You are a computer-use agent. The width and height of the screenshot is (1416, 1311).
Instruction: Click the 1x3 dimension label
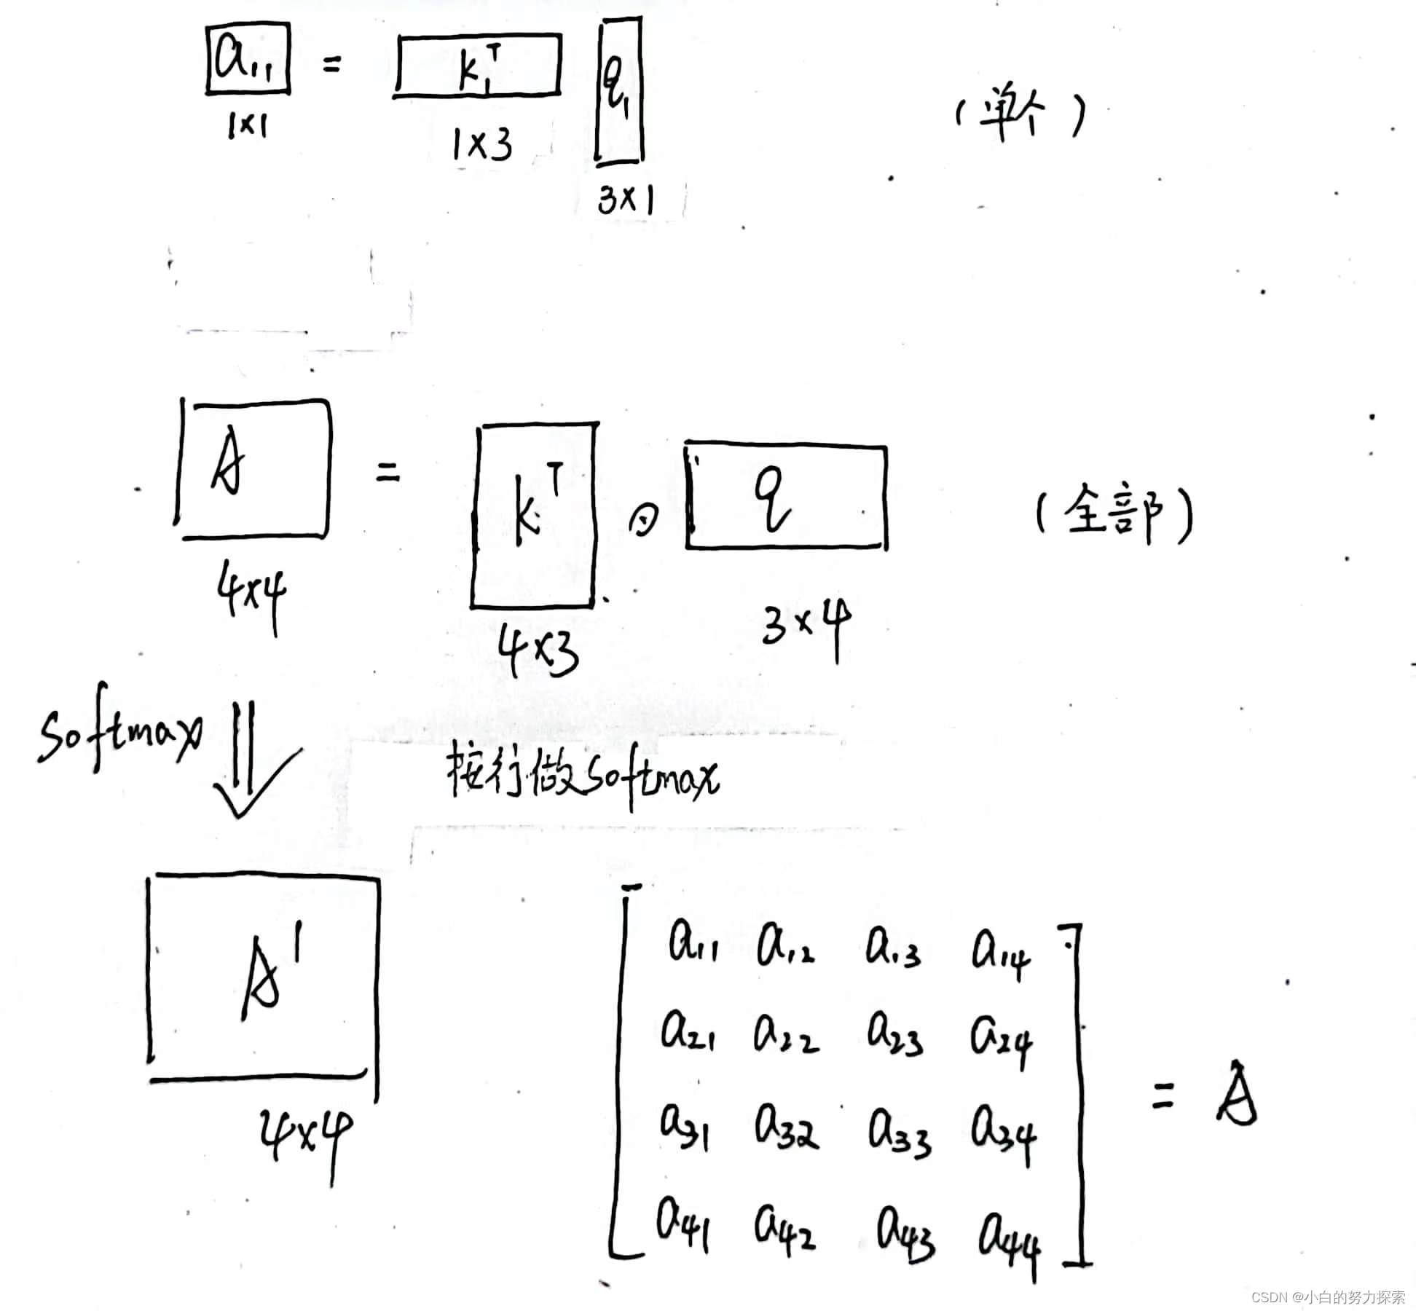click(481, 144)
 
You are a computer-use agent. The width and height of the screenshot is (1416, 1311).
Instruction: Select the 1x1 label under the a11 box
click(248, 126)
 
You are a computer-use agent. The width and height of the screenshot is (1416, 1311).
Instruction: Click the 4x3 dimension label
click(539, 650)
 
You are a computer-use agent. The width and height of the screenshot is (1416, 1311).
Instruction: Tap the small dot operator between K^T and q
click(643, 520)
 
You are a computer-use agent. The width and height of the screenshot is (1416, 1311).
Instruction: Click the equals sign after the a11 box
click(331, 66)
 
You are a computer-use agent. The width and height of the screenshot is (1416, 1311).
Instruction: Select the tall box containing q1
click(620, 91)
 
